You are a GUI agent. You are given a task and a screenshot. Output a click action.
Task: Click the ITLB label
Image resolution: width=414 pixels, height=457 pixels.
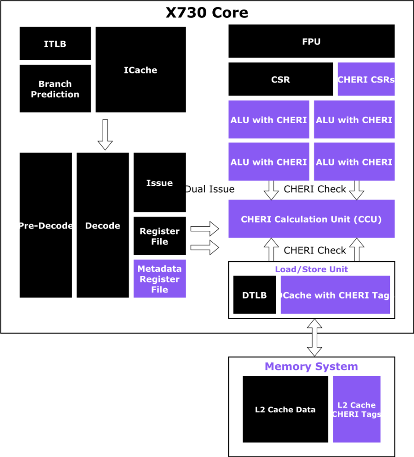(55, 44)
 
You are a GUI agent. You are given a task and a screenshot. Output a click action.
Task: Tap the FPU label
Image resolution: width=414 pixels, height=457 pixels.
(311, 42)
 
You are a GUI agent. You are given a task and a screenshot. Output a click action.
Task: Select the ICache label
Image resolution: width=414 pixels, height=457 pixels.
(141, 70)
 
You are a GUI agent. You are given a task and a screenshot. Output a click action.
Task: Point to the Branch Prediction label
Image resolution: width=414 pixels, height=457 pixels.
(55, 89)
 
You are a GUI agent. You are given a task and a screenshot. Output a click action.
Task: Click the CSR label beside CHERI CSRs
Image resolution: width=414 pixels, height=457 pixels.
(281, 80)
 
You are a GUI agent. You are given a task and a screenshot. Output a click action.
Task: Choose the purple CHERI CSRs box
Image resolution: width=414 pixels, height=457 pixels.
(366, 79)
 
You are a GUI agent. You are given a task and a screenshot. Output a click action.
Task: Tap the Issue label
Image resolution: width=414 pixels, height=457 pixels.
(159, 183)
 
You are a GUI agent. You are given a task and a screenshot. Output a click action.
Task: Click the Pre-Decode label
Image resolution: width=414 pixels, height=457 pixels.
(46, 226)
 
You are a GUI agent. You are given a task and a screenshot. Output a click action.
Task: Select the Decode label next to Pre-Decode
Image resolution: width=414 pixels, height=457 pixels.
(103, 226)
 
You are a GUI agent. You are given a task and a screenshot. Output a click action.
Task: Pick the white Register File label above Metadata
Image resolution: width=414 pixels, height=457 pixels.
(159, 237)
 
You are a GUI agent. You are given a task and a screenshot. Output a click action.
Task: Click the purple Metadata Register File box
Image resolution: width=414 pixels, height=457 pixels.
(159, 279)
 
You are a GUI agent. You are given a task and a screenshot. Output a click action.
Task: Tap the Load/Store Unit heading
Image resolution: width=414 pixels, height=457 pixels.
(311, 269)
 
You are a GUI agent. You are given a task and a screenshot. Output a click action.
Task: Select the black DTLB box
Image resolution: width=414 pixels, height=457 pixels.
(254, 295)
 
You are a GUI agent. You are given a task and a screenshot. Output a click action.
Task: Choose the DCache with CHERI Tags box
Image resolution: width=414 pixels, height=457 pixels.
(335, 295)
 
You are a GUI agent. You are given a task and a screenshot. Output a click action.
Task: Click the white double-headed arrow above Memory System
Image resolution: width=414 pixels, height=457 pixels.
(315, 337)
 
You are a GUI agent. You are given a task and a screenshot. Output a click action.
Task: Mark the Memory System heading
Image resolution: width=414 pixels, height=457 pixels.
(311, 366)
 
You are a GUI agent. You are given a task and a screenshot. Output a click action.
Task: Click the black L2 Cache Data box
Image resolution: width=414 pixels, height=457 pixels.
(285, 409)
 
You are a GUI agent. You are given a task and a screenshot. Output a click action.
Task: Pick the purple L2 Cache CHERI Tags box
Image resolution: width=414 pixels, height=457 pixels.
(356, 409)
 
